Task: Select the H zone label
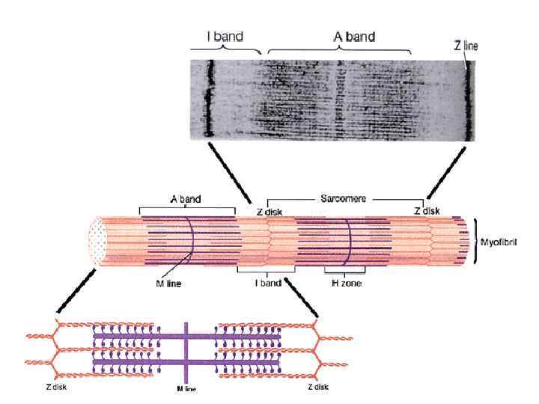(344, 284)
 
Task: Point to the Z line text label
(466, 45)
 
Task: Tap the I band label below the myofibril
(266, 284)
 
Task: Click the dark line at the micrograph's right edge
(466, 102)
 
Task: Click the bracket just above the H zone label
(344, 271)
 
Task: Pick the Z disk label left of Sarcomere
(269, 212)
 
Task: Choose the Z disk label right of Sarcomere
(427, 212)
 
